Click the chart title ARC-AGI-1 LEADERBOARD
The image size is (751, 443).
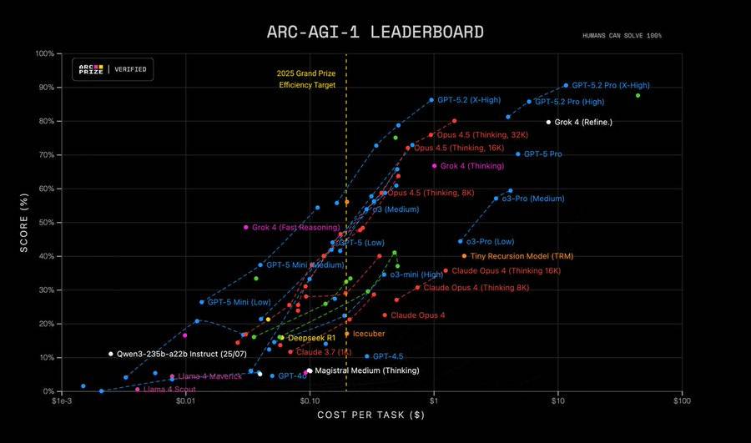point(375,33)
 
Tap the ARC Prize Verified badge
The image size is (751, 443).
point(112,69)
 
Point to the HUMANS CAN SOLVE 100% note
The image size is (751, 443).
point(622,36)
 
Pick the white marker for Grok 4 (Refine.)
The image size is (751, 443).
point(548,122)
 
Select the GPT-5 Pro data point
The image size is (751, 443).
point(518,154)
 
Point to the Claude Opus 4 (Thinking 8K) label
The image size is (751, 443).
point(476,288)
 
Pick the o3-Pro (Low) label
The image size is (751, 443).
point(496,242)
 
